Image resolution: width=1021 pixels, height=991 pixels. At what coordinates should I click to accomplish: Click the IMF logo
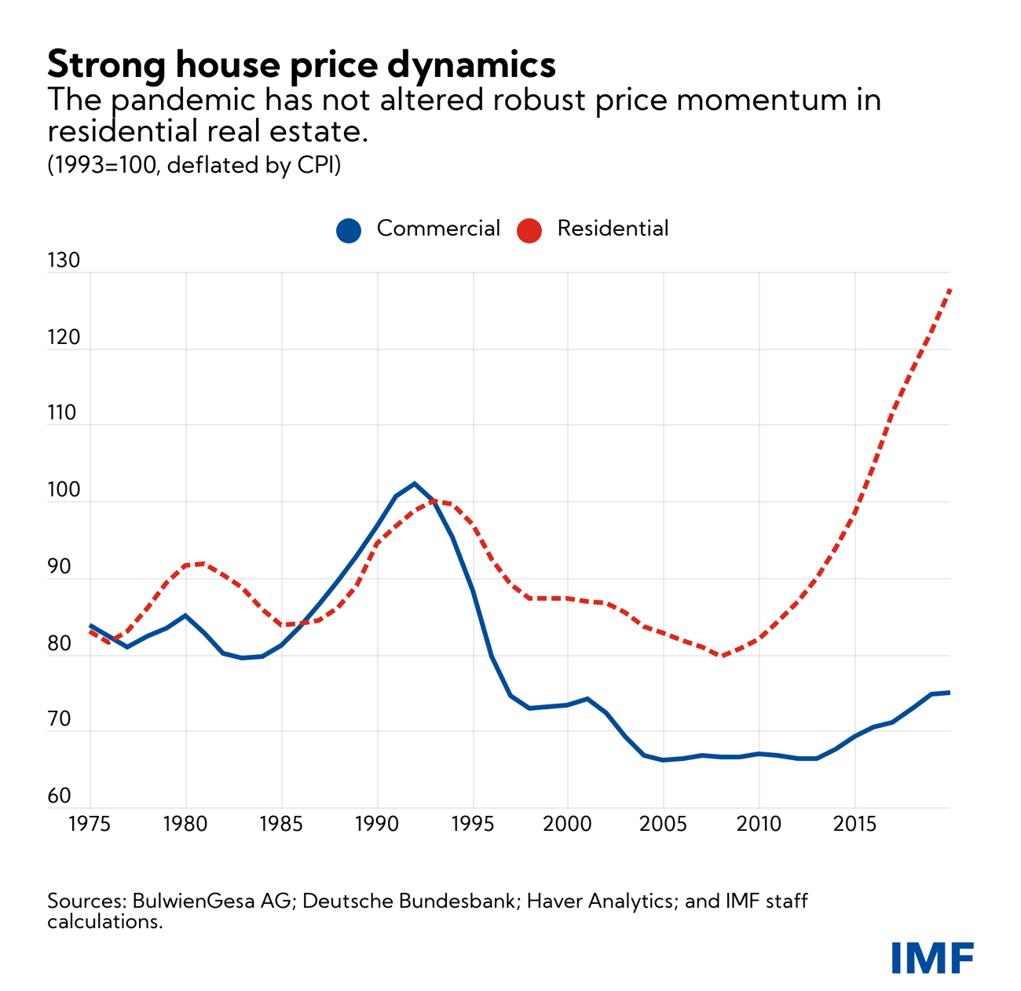932,957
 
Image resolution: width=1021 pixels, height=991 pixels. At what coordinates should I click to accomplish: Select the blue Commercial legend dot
349,230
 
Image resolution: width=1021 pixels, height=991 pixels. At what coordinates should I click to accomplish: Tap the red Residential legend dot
529,230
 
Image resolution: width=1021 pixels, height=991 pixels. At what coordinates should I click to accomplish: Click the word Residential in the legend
613,229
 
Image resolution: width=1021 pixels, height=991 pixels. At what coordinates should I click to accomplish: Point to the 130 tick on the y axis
64,261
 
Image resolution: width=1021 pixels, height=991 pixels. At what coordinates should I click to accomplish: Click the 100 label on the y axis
64,491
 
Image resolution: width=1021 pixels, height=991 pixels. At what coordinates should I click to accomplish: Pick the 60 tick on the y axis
60,796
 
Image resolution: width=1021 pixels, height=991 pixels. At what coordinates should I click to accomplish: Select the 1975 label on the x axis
90,825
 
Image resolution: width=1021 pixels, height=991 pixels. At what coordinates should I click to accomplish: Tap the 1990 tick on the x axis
377,825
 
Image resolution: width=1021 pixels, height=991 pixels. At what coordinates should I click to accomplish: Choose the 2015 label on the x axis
854,825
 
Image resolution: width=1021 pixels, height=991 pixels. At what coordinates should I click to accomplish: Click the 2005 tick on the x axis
664,825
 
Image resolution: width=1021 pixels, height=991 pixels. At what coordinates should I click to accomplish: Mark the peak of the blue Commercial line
415,484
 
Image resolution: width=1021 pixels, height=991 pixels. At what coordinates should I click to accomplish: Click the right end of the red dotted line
950,290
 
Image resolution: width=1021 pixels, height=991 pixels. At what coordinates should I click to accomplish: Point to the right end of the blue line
950,693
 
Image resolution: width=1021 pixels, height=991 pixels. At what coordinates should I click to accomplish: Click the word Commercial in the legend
438,229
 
